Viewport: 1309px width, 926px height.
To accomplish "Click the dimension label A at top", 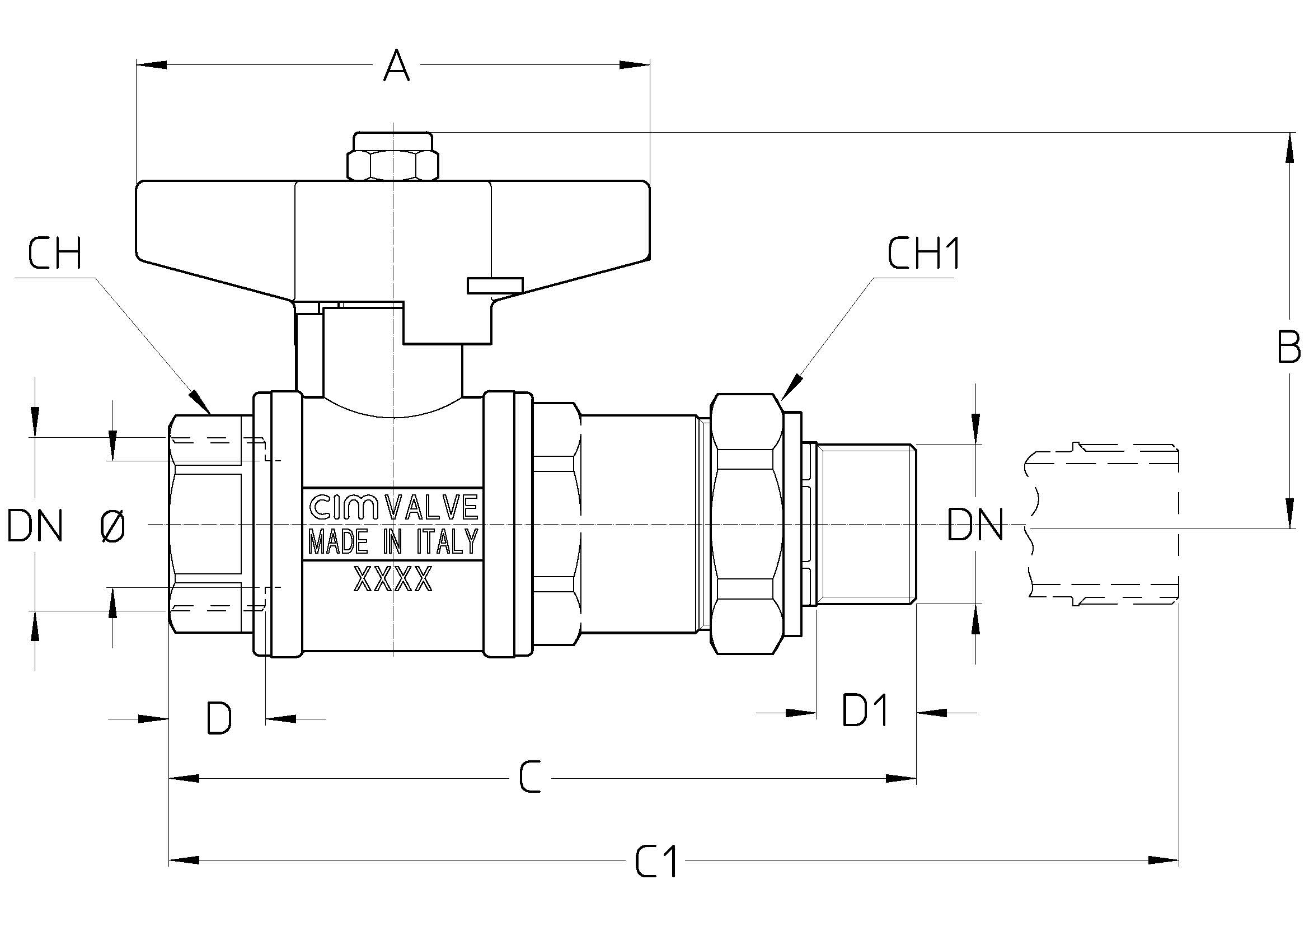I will (x=396, y=66).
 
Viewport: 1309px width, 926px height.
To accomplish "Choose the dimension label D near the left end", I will (x=219, y=718).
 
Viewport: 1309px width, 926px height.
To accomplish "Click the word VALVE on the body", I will (x=431, y=507).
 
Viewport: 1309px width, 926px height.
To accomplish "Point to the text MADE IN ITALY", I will (x=393, y=542).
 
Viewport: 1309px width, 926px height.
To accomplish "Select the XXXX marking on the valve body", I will (x=393, y=579).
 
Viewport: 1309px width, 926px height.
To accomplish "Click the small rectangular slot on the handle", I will (x=495, y=285).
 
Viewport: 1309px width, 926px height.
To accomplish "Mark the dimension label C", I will (x=529, y=778).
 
